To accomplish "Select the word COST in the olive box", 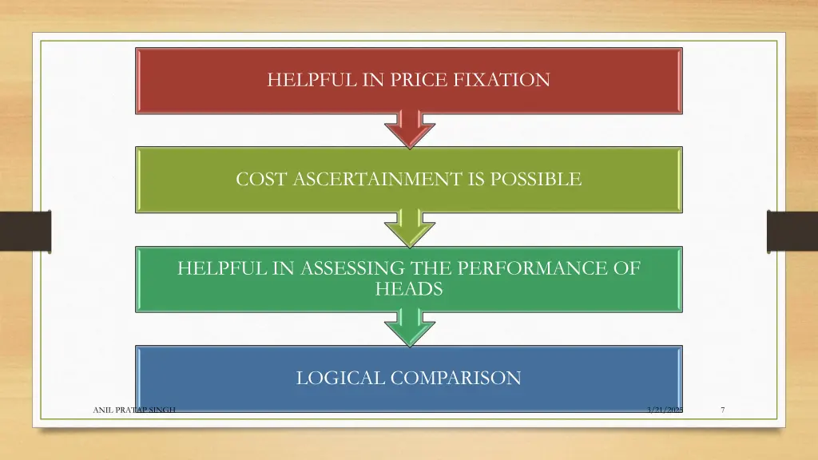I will (x=261, y=180).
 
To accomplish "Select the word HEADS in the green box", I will (x=409, y=289).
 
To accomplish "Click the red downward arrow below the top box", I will (x=409, y=130).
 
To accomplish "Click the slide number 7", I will (x=722, y=410).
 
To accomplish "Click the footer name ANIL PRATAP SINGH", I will (x=134, y=410).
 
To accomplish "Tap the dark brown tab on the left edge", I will (x=25, y=231).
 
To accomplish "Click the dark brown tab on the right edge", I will (x=792, y=231).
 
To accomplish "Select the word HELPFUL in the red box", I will (x=303, y=80).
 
